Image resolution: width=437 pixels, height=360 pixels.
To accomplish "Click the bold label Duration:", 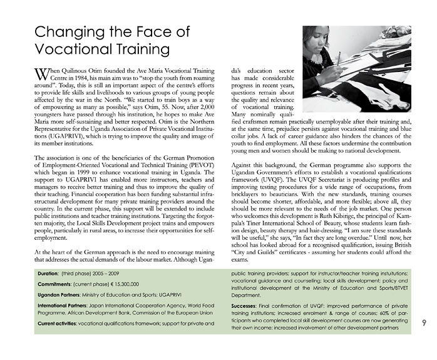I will pos(51,274).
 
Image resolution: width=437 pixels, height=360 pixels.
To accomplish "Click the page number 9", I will pos(424,322).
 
